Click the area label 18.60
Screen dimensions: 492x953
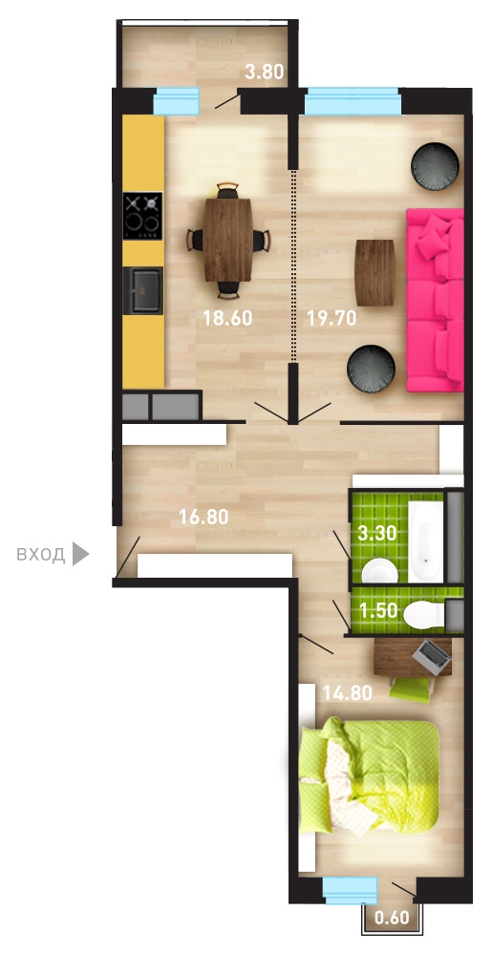[x=227, y=318]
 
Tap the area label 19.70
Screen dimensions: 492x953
[x=332, y=318]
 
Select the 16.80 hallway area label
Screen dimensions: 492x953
[x=203, y=518]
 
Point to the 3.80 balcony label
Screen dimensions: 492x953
[x=265, y=73]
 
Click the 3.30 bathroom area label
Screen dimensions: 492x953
[x=377, y=533]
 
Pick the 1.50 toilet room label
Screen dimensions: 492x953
[x=378, y=610]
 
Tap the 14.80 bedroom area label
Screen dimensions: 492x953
[x=347, y=693]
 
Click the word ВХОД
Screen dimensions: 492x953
[x=41, y=554]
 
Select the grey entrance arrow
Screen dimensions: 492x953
[x=80, y=554]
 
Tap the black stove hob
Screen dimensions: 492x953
[x=143, y=216]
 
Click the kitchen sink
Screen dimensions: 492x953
[x=143, y=290]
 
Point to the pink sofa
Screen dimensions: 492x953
[x=435, y=300]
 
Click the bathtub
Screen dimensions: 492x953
[x=426, y=540]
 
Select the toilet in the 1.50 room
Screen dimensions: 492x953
[x=425, y=614]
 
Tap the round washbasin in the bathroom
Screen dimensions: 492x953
[x=379, y=571]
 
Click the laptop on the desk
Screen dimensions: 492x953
[x=432, y=655]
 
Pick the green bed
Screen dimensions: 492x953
[x=369, y=775]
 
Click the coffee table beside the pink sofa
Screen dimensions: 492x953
[x=375, y=272]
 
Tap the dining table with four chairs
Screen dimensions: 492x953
[x=228, y=240]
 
